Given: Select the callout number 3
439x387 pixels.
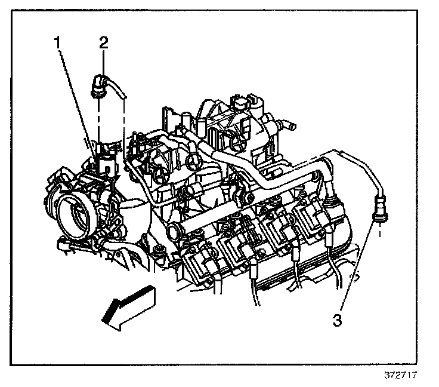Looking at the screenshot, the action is point(337,320).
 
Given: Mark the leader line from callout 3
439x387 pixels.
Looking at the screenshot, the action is point(358,269).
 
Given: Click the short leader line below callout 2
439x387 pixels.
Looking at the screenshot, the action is point(104,60).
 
